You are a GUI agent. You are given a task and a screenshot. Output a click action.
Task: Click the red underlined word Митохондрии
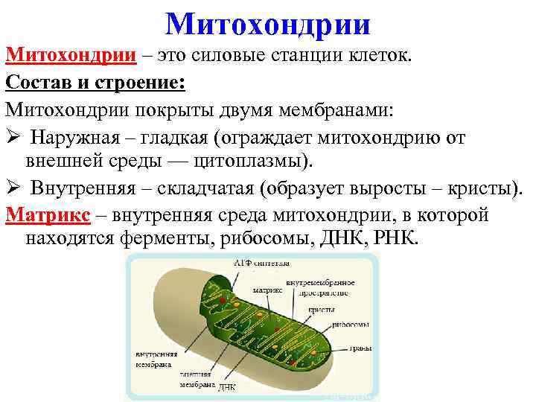[x=71, y=56]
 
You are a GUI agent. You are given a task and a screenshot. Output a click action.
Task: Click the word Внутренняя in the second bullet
[x=81, y=189]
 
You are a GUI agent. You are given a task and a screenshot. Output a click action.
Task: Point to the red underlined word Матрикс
[x=48, y=215]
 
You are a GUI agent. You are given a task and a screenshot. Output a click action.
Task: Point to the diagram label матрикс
[x=267, y=291]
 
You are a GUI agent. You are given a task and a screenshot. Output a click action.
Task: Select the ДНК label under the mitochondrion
[x=228, y=388]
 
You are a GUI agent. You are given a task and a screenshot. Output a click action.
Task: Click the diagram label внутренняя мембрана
[x=154, y=359]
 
